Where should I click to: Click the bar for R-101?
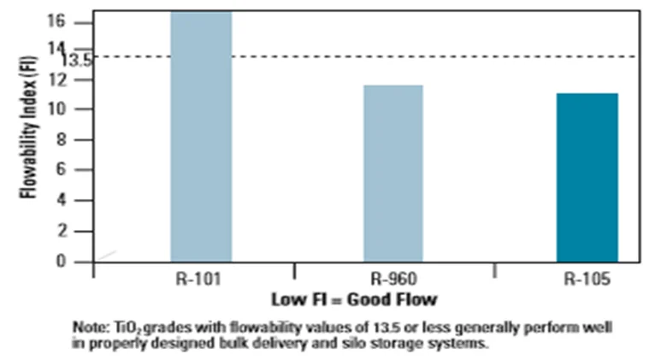point(201,137)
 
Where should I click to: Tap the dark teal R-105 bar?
point(587,177)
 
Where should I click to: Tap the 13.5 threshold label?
point(77,61)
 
